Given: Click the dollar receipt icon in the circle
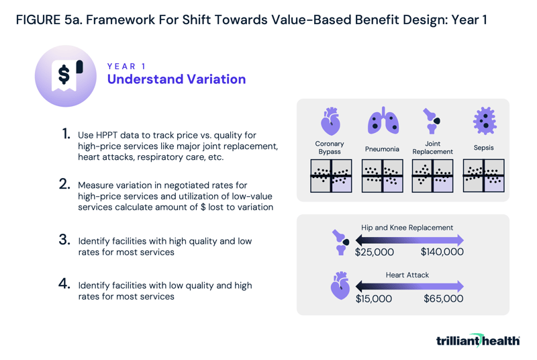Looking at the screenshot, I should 66,75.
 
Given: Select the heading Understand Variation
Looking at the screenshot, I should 177,79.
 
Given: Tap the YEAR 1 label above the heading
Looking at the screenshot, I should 126,66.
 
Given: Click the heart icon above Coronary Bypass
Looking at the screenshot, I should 330,122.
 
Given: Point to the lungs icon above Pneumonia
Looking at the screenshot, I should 382,121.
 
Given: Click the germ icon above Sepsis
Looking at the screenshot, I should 484,121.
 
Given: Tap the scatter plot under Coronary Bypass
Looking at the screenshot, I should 330,176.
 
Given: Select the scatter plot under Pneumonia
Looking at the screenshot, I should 382,176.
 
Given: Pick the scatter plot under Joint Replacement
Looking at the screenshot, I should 432,176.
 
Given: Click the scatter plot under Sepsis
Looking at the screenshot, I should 484,176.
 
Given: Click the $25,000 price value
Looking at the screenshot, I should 375,253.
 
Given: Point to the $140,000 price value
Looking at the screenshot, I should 442,253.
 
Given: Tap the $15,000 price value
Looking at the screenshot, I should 374,298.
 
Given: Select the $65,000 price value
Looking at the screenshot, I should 443,298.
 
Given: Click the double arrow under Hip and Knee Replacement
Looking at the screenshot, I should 409,240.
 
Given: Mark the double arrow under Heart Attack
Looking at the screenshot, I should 409,286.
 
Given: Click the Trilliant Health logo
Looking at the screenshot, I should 477,341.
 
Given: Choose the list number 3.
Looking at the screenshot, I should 64,240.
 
